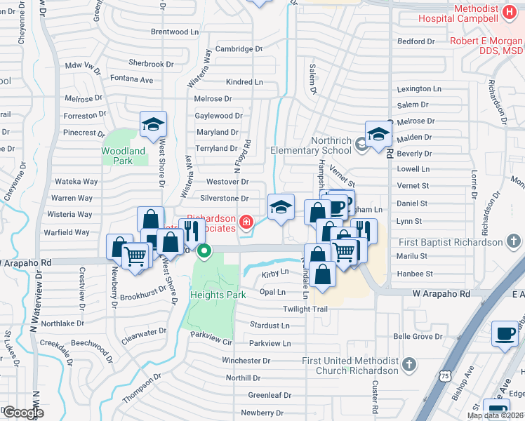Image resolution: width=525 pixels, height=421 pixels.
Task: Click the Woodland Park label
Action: [x=123, y=156]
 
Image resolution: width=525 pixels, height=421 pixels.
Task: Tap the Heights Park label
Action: [x=218, y=295]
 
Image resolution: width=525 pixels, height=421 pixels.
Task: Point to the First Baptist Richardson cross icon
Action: [x=514, y=242]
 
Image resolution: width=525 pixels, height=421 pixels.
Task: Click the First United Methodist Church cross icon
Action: [x=408, y=365]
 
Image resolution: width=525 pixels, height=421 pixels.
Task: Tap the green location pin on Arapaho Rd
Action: [x=204, y=250]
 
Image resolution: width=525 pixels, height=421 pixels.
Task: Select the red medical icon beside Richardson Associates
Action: [x=245, y=223]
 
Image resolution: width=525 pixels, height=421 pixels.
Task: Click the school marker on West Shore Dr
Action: [x=153, y=125]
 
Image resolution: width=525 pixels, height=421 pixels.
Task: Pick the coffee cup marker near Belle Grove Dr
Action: [x=504, y=334]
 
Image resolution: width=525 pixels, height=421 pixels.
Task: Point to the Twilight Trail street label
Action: [x=305, y=309]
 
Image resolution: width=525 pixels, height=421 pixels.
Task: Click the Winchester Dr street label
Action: [x=246, y=361]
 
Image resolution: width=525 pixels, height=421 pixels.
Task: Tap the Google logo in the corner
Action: [x=23, y=413]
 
